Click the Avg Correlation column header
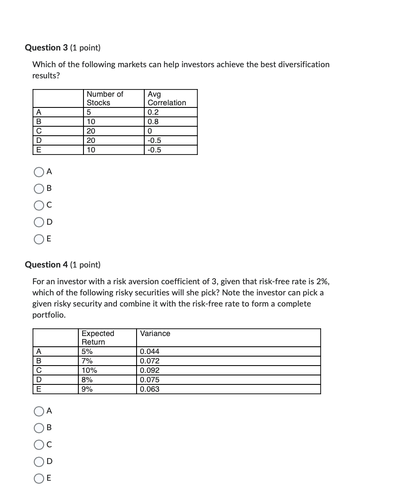(x=167, y=98)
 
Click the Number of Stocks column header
(x=104, y=98)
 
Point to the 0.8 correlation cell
(x=153, y=122)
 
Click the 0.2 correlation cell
(x=153, y=112)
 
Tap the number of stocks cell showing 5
(x=89, y=112)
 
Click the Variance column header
(x=155, y=333)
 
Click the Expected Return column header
(x=98, y=337)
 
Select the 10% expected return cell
(x=89, y=370)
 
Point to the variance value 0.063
(x=150, y=389)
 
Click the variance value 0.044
(x=150, y=351)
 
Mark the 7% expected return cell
(x=87, y=361)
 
